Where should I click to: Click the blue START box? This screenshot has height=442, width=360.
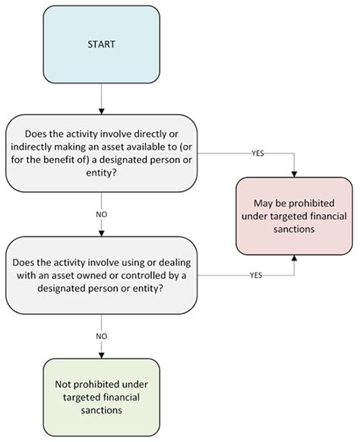tap(102, 45)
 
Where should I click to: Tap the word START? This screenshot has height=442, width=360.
tap(102, 45)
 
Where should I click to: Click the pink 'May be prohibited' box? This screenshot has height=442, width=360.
tap(294, 216)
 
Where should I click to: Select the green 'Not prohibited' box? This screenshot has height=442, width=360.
tap(102, 397)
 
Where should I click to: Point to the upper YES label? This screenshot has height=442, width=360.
tap(257, 153)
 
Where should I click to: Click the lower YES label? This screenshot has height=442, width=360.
tap(256, 275)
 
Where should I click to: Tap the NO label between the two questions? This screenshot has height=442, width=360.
tap(102, 214)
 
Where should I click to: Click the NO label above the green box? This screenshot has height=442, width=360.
tap(102, 336)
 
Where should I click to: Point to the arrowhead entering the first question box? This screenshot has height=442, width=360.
tap(102, 112)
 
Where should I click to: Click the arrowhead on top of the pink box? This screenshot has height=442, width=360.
tap(295, 174)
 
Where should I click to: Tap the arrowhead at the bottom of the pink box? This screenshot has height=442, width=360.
tap(295, 258)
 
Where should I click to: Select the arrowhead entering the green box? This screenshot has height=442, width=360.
tap(102, 355)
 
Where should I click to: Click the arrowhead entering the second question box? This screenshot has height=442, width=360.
tap(102, 233)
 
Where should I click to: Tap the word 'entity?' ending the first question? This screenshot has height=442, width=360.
tap(101, 173)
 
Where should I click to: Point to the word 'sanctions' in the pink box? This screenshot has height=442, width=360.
tap(294, 229)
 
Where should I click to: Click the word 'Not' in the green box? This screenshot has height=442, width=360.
tap(62, 384)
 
